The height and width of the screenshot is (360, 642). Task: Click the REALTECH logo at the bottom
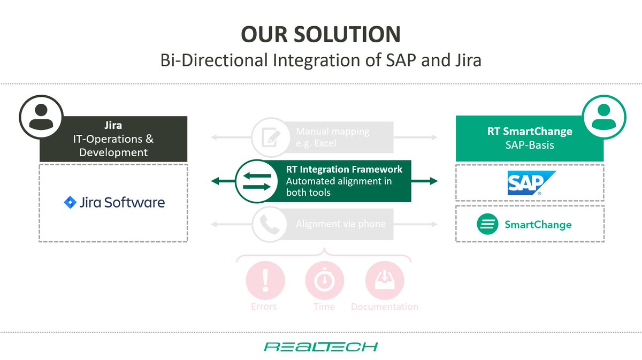321,347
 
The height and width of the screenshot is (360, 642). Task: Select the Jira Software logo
114,203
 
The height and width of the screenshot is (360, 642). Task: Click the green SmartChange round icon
487,224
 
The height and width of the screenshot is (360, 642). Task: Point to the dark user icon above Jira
41,116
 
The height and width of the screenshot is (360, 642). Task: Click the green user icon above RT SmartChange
602,116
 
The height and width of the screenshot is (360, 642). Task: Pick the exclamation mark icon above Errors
265,279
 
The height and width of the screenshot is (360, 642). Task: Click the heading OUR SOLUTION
320,34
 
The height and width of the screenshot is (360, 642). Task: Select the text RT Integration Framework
344,170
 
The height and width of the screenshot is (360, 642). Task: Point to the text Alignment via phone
340,224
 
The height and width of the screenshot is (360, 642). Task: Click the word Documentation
385,307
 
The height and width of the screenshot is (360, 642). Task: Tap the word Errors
264,307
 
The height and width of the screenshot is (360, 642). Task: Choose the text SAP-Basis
529,145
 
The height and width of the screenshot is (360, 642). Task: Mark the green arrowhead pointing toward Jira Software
215,181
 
